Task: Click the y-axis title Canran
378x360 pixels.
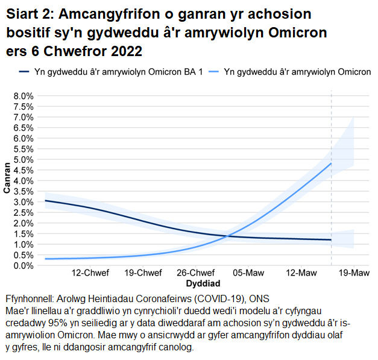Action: pos(7,178)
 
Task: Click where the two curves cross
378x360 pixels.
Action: pos(225,236)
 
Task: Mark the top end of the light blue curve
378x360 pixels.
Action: pos(331,163)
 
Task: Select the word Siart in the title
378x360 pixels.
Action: pos(22,14)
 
